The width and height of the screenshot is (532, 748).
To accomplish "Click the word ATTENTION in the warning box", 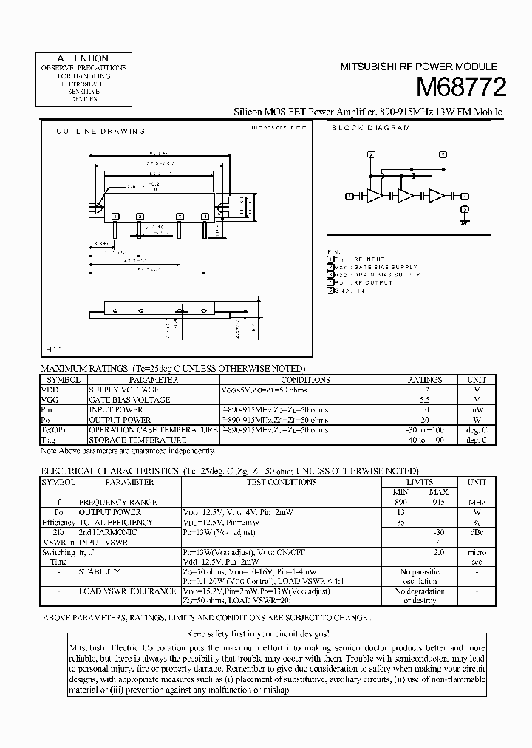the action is pyautogui.click(x=83, y=58).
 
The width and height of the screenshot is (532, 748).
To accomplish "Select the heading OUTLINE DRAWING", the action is pyautogui.click(x=100, y=131).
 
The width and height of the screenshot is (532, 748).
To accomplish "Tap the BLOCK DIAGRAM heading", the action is pyautogui.click(x=370, y=128).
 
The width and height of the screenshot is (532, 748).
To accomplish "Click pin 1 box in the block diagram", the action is pyautogui.click(x=349, y=196).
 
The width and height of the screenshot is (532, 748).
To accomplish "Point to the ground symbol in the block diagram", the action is pyautogui.click(x=465, y=220).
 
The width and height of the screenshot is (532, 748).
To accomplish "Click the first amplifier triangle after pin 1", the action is pyautogui.click(x=376, y=196).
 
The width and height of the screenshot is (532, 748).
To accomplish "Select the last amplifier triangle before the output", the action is pyautogui.click(x=437, y=196).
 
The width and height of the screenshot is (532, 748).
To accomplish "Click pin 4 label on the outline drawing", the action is pyautogui.click(x=205, y=216).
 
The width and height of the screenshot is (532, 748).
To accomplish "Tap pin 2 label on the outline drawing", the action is pyautogui.click(x=140, y=216).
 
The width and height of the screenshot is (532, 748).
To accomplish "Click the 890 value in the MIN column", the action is pyautogui.click(x=400, y=502).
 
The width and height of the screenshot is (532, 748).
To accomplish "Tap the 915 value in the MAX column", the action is pyautogui.click(x=438, y=502).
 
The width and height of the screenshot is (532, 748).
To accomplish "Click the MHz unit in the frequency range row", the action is pyautogui.click(x=477, y=502).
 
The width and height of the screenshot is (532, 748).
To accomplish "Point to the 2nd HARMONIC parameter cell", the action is pyautogui.click(x=108, y=531).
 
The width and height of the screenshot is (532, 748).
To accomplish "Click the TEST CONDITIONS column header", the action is pyautogui.click(x=281, y=482).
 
